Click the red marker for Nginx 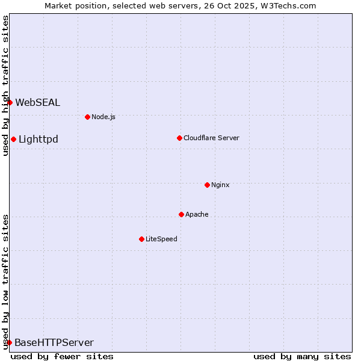point(207,185)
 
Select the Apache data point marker point(181,214)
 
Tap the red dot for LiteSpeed point(141,239)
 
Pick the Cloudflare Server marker point(179,138)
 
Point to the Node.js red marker point(87,117)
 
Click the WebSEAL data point point(10,102)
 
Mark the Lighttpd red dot point(13,140)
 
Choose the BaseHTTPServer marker point(9,342)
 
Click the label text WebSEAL point(37,102)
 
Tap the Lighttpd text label point(39,140)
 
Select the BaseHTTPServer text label point(54,343)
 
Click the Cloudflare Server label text point(211,138)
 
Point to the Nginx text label point(220,185)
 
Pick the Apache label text point(197,214)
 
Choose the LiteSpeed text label point(161,239)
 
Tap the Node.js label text point(103,117)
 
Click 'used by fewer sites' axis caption point(62,356)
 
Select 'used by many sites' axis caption point(302,356)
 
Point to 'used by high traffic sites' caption point(5,85)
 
